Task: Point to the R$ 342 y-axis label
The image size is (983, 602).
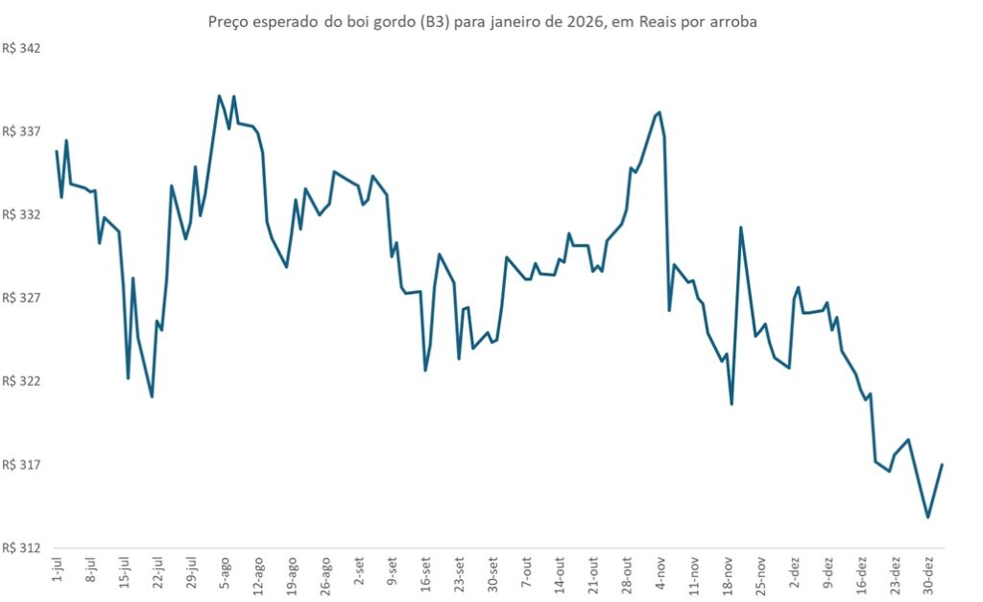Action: (x=22, y=48)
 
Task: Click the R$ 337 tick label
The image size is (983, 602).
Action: (x=22, y=132)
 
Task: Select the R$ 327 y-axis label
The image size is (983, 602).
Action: (x=22, y=299)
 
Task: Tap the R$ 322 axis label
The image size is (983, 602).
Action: (x=22, y=381)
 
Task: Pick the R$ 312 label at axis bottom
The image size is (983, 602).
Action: (x=22, y=548)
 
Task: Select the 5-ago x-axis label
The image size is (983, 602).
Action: (x=224, y=572)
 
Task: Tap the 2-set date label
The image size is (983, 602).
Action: (x=358, y=572)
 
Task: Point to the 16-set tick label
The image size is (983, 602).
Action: (x=425, y=574)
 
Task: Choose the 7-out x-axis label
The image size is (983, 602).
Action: (x=526, y=572)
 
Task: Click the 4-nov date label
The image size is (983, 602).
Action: (x=660, y=572)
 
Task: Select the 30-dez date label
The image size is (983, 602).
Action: (x=928, y=574)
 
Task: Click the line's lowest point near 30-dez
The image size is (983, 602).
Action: (x=927, y=518)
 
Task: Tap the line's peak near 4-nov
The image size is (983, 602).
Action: (x=659, y=112)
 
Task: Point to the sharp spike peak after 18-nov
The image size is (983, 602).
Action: (x=741, y=228)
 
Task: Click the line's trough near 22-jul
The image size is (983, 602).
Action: (x=152, y=397)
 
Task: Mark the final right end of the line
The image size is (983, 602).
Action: (x=943, y=465)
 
